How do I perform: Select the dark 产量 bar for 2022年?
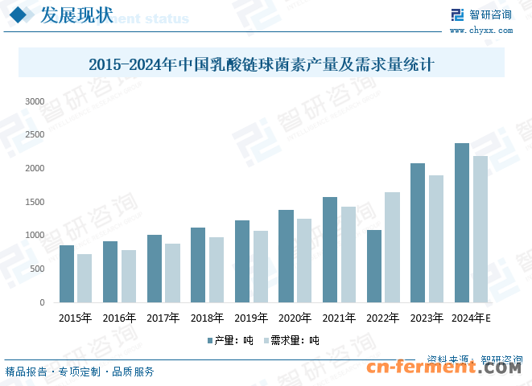point(374,266)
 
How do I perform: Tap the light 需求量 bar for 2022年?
point(392,247)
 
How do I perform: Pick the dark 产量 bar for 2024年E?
point(462,223)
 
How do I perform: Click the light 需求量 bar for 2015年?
point(85,278)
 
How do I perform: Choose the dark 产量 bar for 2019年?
point(242,261)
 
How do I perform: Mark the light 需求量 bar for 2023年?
point(436,239)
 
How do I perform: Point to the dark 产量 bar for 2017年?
point(155,269)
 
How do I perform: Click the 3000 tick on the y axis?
point(35,101)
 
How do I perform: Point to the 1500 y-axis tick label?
point(35,202)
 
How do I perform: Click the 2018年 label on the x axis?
point(207,318)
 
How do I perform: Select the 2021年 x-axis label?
point(339,318)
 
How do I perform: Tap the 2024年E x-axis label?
point(472,318)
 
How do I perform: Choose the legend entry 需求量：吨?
point(294,340)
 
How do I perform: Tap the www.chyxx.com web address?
point(480,30)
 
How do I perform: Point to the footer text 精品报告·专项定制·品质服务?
point(80,372)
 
